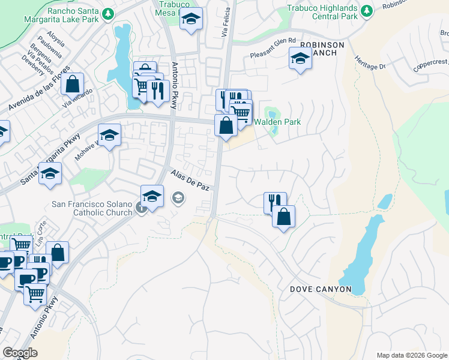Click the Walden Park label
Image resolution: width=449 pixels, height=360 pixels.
(x=277, y=122)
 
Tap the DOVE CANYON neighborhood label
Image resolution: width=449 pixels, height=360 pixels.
(x=321, y=289)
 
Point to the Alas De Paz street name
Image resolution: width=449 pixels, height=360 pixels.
(x=190, y=181)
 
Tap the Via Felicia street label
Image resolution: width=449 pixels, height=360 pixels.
(x=228, y=23)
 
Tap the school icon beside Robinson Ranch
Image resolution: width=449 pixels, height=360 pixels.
(x=300, y=59)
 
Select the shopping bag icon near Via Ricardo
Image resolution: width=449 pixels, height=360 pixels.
(x=72, y=84)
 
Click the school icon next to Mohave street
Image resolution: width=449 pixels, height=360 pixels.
(x=109, y=136)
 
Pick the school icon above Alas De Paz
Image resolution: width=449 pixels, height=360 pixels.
(x=152, y=196)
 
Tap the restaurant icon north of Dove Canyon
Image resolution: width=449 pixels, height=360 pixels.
(x=275, y=202)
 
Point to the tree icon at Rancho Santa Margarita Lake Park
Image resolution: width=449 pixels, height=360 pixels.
(x=107, y=13)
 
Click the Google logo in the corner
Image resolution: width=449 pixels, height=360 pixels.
(x=20, y=353)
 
